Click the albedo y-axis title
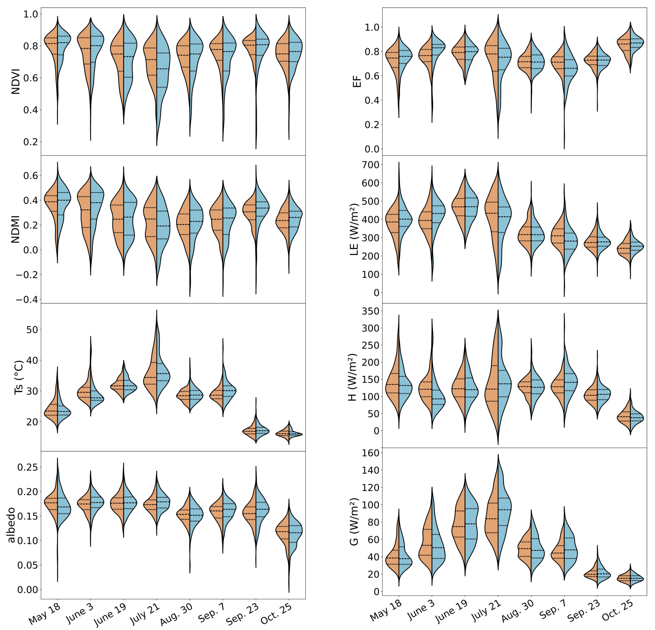coord(11,525)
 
